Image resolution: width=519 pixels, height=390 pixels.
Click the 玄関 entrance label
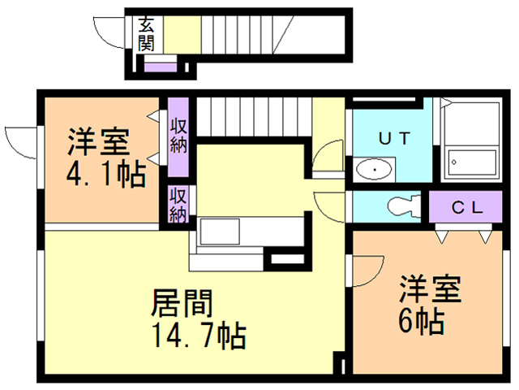coord(146,33)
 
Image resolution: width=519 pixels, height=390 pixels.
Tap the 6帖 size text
coord(419,321)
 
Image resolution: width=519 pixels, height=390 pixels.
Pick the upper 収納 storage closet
coord(178,136)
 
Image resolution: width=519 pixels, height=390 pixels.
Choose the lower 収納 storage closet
coord(178,204)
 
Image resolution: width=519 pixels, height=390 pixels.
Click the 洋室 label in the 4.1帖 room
coord(97,143)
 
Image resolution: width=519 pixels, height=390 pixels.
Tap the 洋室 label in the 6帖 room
coord(429,291)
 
